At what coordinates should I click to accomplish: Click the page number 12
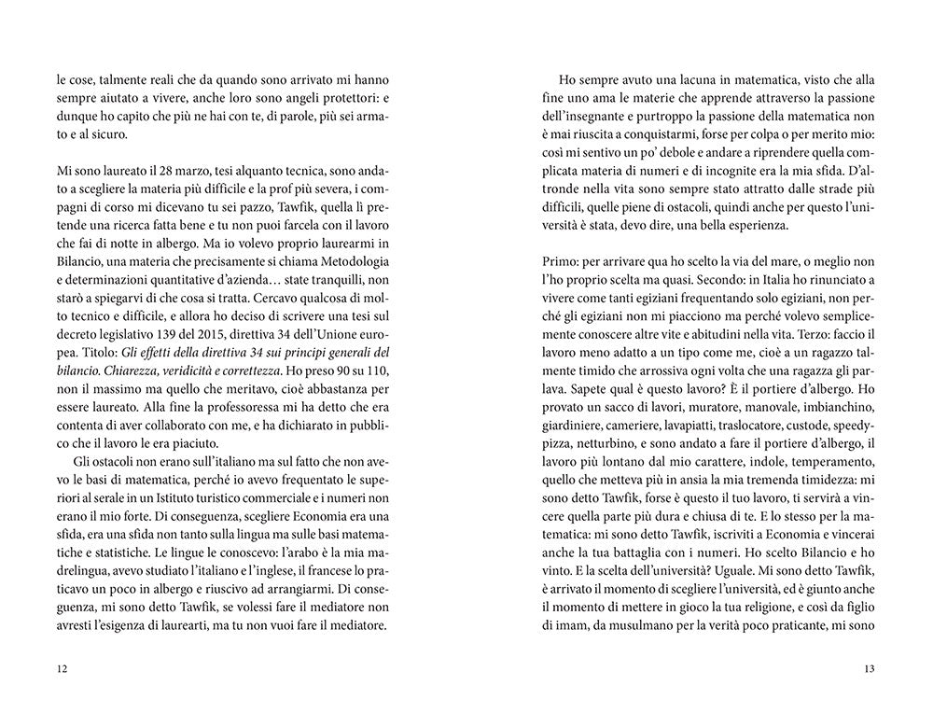point(63,668)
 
